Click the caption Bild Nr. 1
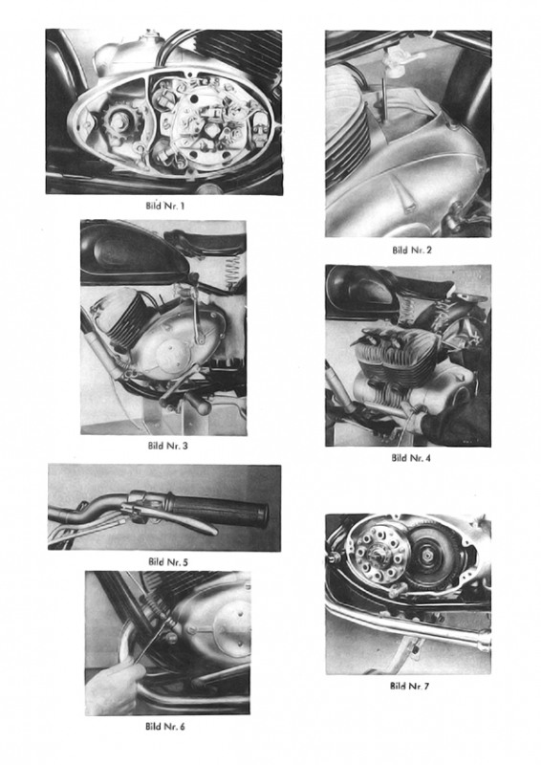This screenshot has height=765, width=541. coord(165,206)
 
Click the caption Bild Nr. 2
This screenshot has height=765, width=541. coord(412,251)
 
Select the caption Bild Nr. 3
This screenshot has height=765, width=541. coord(167,446)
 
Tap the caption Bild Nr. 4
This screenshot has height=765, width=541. coord(411,458)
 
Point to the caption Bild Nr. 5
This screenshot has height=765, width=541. coord(168,561)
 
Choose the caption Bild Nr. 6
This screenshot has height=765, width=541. coord(165,727)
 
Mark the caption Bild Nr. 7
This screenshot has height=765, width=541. coord(409,686)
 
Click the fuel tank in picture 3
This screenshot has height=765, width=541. coord(134,253)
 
